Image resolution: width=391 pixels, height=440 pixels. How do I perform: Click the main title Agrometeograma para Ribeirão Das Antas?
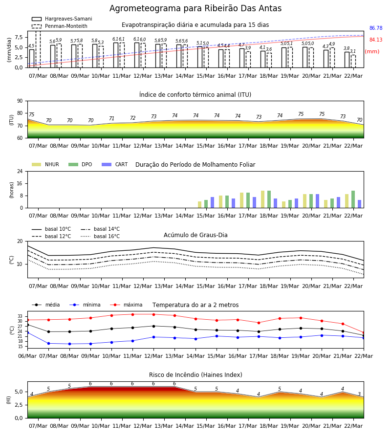coord(195,8)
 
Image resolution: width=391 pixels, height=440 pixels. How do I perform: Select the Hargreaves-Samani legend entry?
coord(62,19)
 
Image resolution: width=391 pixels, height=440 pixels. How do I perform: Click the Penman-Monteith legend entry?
coord(60,26)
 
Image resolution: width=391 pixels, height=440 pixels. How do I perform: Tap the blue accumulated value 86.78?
coord(376,28)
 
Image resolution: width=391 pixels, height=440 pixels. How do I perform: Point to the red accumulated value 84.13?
coord(376,40)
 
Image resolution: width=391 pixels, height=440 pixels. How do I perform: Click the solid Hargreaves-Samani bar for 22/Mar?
coord(347,60)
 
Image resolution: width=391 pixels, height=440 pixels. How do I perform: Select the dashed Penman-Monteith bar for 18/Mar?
coord(269,60)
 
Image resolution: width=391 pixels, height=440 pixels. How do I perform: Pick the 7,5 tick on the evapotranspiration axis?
coord(19,37)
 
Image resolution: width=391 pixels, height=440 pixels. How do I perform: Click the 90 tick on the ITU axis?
coord(20,101)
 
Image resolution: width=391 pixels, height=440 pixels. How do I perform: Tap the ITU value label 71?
coord(111,119)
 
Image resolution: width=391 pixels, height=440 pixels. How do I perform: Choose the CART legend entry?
coord(115,164)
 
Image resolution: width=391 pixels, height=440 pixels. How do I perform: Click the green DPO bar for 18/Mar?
coord(269,199)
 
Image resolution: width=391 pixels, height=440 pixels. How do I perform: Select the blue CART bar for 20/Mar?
coord(317,201)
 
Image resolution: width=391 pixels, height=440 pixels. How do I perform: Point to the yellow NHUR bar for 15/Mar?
coord(200,204)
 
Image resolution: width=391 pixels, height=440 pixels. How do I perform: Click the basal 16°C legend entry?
coord(100,236)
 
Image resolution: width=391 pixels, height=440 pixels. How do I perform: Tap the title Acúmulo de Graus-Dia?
coord(195,235)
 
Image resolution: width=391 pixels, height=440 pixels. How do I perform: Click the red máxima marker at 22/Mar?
coord(364,333)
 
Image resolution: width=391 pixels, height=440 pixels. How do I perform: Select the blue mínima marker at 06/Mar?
coord(27,332)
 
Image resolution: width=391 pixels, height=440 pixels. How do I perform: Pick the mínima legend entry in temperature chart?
coord(85,305)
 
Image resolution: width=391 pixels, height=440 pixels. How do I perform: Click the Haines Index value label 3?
coord(359,394)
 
